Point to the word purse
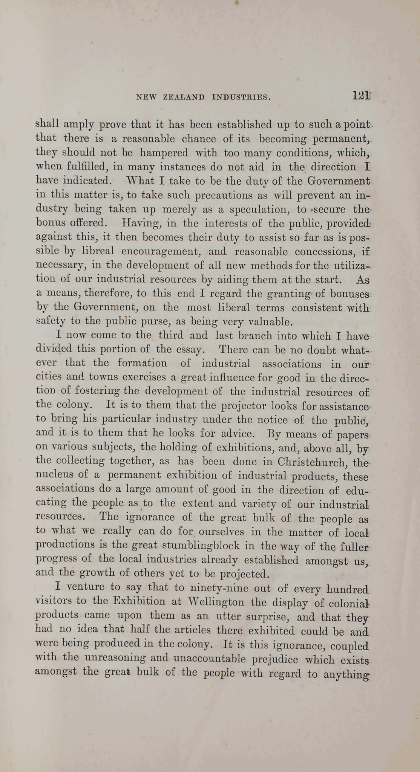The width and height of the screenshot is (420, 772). coord(153,322)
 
